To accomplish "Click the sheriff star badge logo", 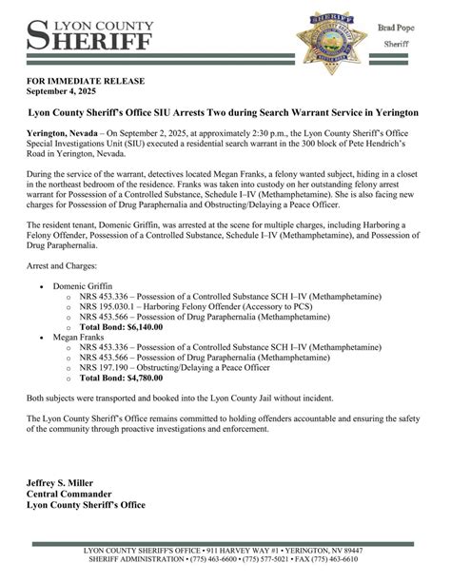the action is (332, 38).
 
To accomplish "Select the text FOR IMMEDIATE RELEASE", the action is (80, 85).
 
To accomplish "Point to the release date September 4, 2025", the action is (63, 95).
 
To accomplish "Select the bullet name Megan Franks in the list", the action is (79, 336).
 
